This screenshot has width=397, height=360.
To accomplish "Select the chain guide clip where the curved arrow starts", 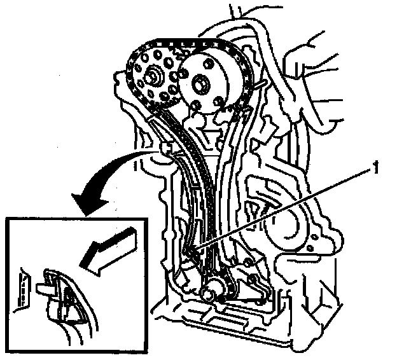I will tap(167, 149).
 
